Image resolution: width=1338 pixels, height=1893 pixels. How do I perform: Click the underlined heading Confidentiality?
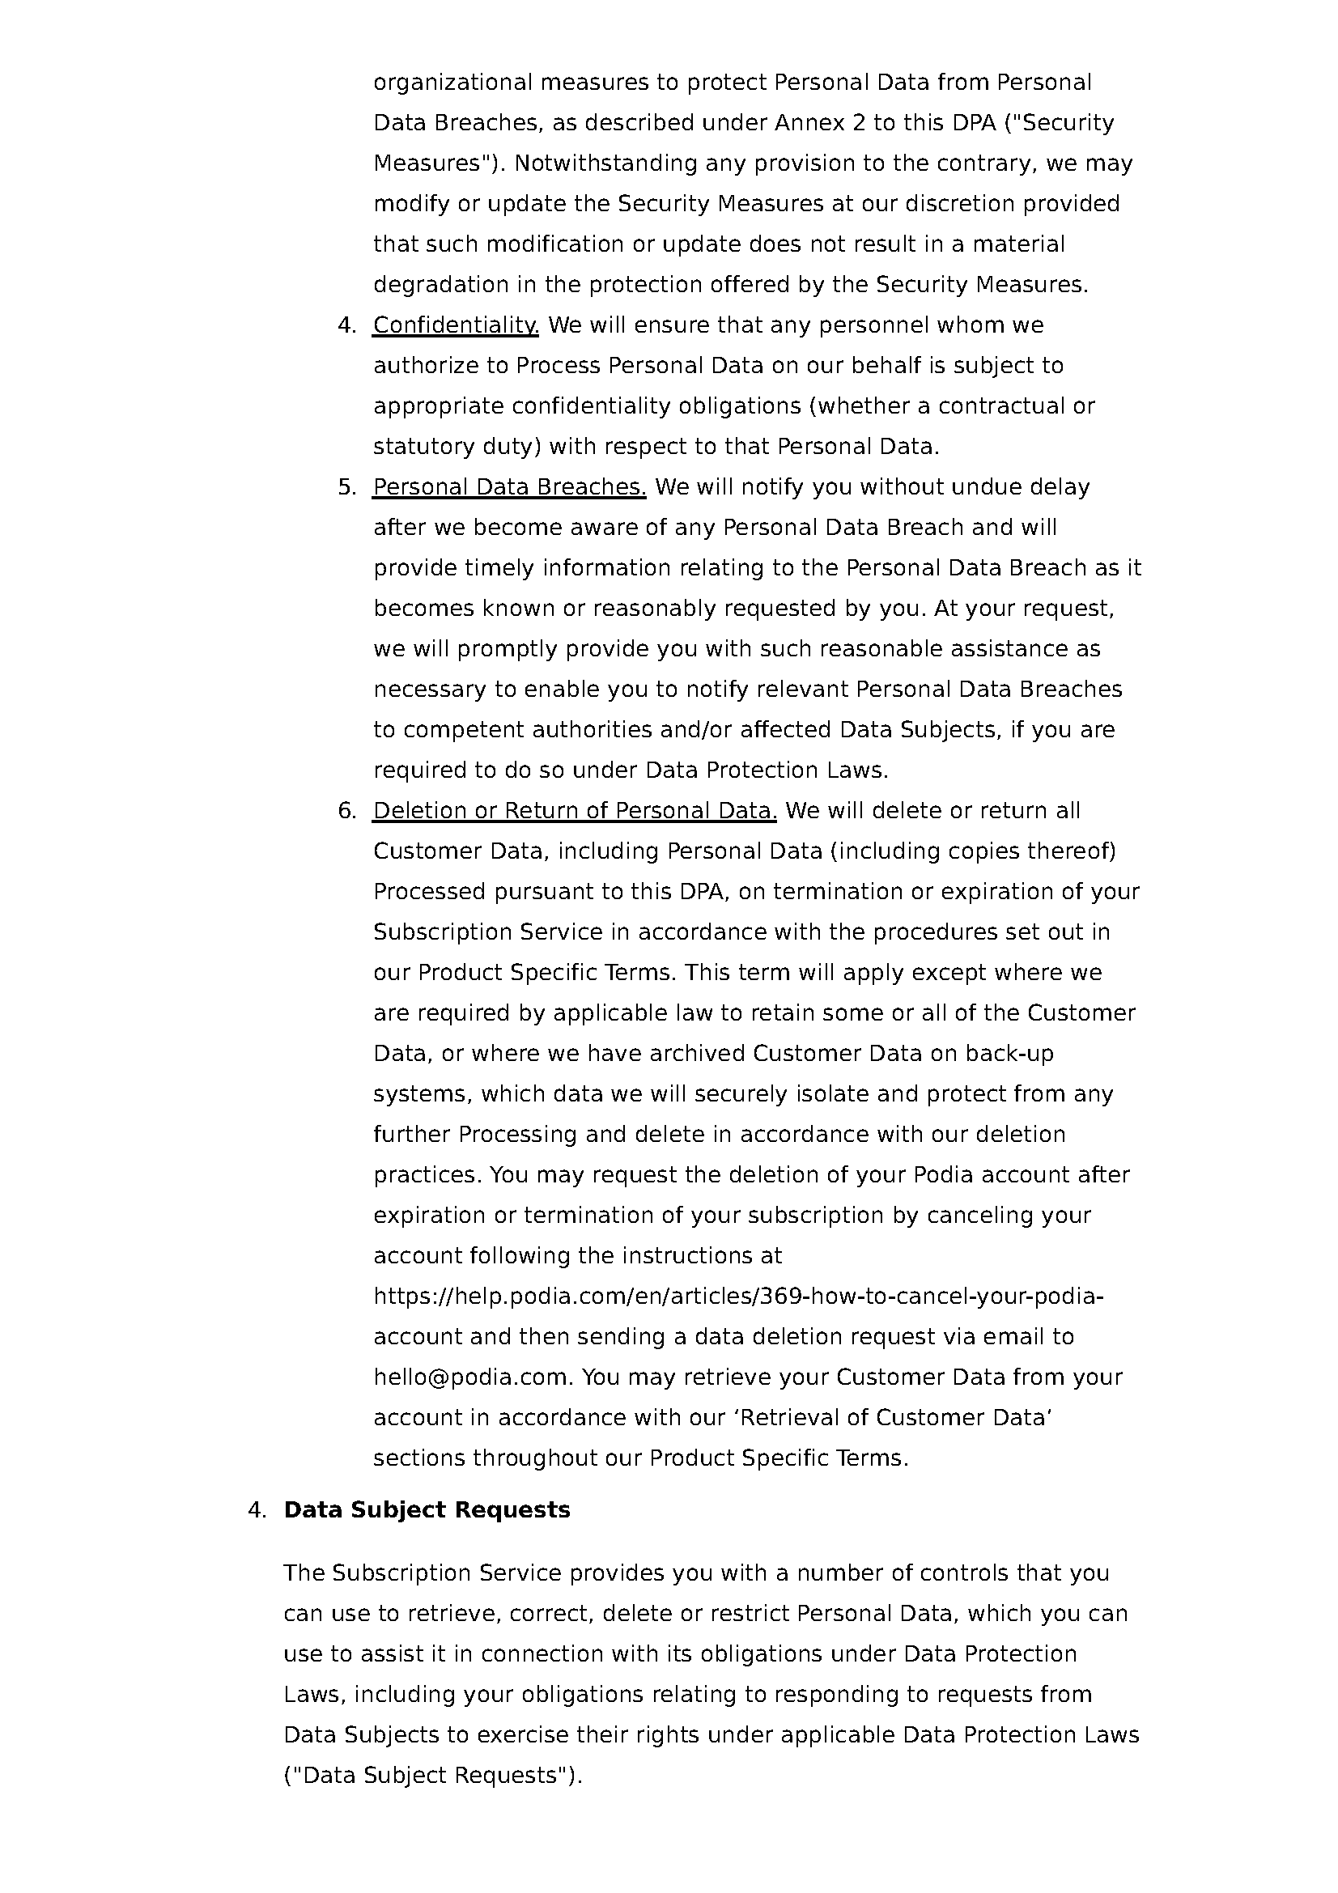455,325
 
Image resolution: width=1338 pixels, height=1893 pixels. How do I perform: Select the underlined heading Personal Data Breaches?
508,487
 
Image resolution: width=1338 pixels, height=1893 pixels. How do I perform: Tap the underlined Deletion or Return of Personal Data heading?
575,811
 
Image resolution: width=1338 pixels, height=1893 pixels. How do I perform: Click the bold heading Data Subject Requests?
427,1509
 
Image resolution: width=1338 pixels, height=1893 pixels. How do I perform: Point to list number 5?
346,487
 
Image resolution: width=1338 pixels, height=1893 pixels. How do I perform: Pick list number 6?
346,811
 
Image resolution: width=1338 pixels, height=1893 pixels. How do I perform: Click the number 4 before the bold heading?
257,1509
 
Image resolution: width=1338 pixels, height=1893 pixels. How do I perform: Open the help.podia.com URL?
738,1297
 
